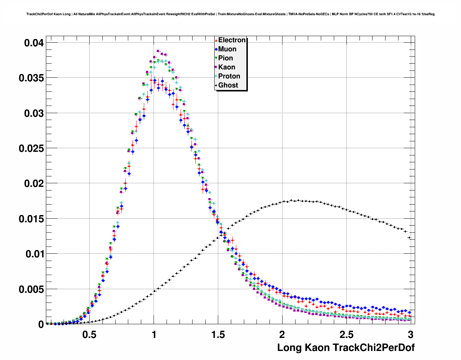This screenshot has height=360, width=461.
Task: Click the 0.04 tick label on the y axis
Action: [34, 43]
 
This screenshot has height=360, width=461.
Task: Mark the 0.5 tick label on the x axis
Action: [90, 335]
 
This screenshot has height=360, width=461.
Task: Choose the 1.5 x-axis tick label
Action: [218, 335]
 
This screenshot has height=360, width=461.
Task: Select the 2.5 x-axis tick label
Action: [346, 335]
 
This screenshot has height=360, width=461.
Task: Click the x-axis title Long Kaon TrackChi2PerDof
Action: [346, 348]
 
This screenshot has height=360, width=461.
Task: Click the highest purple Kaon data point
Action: [158, 51]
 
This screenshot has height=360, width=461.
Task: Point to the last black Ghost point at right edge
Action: [409, 237]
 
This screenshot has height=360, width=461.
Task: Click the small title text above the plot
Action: [231, 14]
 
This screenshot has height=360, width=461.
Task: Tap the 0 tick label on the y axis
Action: [41, 325]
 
